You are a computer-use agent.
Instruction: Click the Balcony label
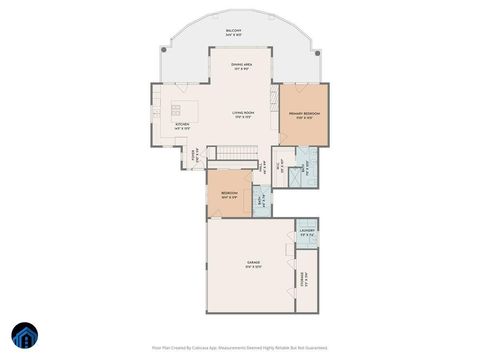tap(233, 32)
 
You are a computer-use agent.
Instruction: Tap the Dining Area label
tap(240, 65)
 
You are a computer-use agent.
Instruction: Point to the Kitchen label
tap(182, 125)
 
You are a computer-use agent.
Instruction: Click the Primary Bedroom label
tap(304, 114)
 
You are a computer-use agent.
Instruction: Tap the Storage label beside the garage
tap(303, 281)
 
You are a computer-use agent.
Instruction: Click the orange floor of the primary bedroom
tap(304, 130)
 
